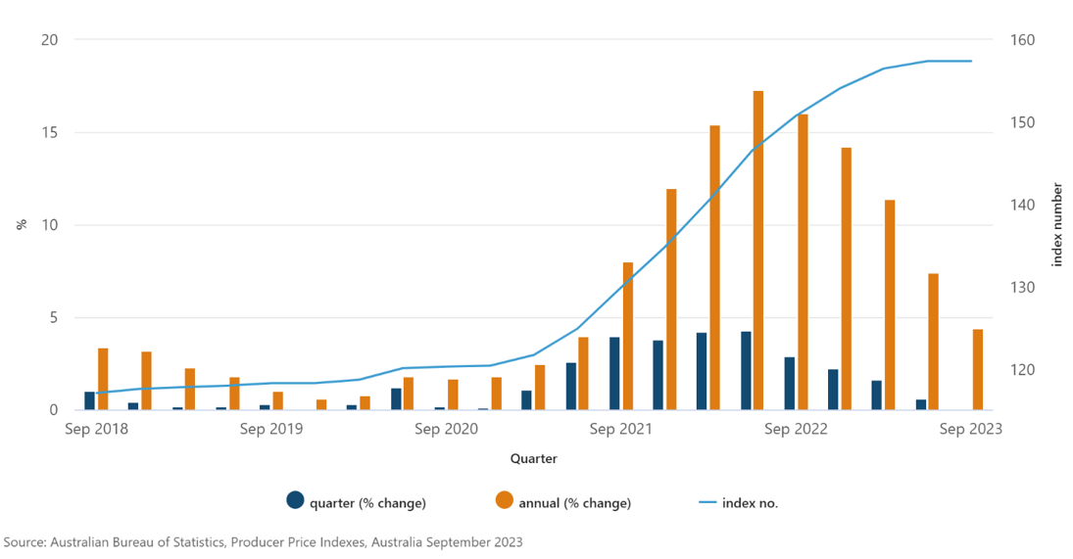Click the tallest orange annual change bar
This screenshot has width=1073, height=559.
click(x=757, y=250)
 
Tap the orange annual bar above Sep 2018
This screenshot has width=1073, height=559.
click(x=103, y=379)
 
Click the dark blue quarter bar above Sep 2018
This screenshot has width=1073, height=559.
click(x=89, y=400)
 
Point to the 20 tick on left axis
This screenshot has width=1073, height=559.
click(x=50, y=40)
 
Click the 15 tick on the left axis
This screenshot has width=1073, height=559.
click(x=50, y=132)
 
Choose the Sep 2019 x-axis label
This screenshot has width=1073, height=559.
click(x=270, y=429)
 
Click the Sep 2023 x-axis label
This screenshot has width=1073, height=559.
click(x=970, y=429)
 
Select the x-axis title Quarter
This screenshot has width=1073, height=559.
click(x=533, y=458)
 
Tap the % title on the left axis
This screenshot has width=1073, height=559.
click(x=21, y=224)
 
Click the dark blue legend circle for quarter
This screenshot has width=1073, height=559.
click(x=295, y=500)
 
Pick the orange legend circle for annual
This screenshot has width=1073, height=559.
click(x=504, y=500)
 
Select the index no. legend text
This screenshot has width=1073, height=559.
click(x=750, y=503)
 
